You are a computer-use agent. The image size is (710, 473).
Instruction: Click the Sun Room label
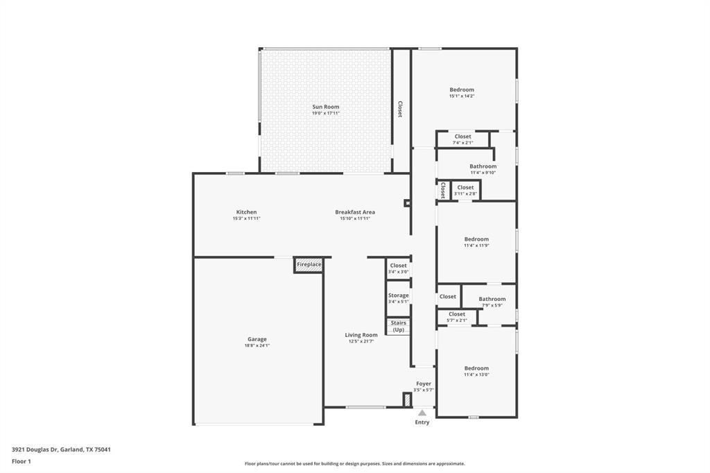click(x=326, y=107)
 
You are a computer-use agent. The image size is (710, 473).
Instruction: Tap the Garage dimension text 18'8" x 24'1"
click(x=257, y=345)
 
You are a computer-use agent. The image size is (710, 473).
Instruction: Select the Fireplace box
click(x=309, y=265)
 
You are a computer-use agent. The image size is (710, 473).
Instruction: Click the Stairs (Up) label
click(x=399, y=326)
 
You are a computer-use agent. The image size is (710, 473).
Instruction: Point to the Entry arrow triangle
click(x=422, y=413)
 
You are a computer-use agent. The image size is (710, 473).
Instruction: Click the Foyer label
click(x=424, y=384)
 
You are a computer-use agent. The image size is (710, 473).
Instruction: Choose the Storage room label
click(x=399, y=295)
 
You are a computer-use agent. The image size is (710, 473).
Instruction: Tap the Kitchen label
click(x=246, y=212)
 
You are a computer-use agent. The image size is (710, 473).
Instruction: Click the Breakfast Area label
click(x=355, y=212)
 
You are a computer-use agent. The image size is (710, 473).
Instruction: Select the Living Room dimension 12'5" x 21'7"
click(x=361, y=341)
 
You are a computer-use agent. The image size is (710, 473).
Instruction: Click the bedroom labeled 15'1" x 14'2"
click(x=461, y=92)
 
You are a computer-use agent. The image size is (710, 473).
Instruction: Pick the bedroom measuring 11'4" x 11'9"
click(x=476, y=242)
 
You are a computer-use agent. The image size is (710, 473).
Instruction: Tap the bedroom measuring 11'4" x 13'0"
click(x=476, y=371)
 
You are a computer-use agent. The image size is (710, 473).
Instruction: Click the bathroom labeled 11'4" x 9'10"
click(x=483, y=169)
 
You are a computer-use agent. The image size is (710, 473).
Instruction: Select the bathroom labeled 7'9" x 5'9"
click(x=492, y=302)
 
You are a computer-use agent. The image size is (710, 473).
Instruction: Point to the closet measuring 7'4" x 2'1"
click(x=462, y=139)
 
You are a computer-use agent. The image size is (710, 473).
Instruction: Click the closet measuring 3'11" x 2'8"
click(x=465, y=190)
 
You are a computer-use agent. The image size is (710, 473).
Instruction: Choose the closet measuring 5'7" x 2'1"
click(x=457, y=317)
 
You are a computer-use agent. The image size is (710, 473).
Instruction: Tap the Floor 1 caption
click(x=21, y=461)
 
